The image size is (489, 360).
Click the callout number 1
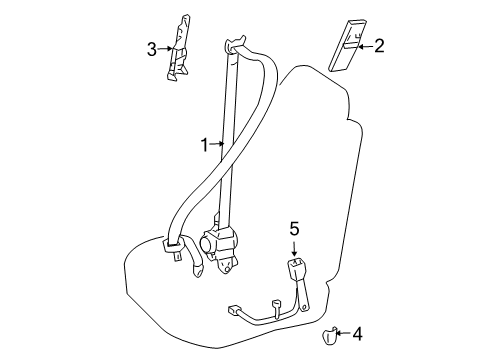205,144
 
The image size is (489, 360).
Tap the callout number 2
379,45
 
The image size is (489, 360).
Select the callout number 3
153,48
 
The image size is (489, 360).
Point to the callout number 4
359,334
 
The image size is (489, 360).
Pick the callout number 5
294,229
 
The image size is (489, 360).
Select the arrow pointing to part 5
294,246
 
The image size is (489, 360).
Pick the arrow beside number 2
364,46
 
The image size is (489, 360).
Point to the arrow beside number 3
166,48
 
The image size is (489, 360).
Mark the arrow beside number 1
219,145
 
